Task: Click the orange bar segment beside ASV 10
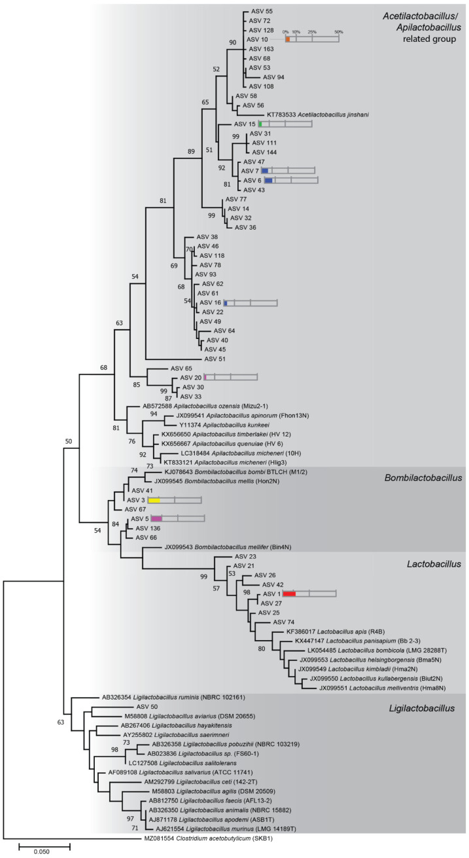[287, 40]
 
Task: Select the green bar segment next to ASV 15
[260, 124]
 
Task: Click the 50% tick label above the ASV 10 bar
[338, 31]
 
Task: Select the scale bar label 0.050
[43, 850]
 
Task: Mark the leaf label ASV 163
[260, 48]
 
